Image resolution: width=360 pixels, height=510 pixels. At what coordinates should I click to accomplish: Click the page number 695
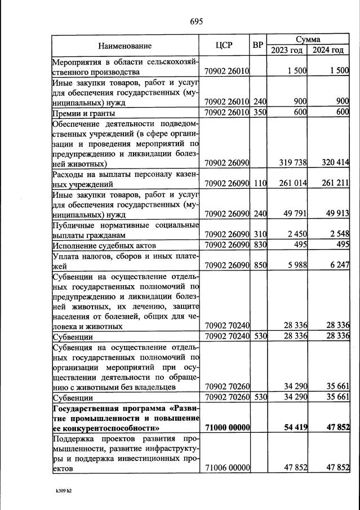(197, 21)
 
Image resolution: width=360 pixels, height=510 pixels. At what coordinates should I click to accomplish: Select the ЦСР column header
(224, 45)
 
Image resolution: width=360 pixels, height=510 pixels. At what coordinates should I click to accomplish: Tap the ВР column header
(258, 45)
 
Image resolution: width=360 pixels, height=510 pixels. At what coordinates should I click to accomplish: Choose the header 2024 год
(328, 50)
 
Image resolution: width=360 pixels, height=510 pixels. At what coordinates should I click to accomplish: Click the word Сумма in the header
(308, 39)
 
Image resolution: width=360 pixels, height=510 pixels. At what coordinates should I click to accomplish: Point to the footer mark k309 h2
(64, 491)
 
